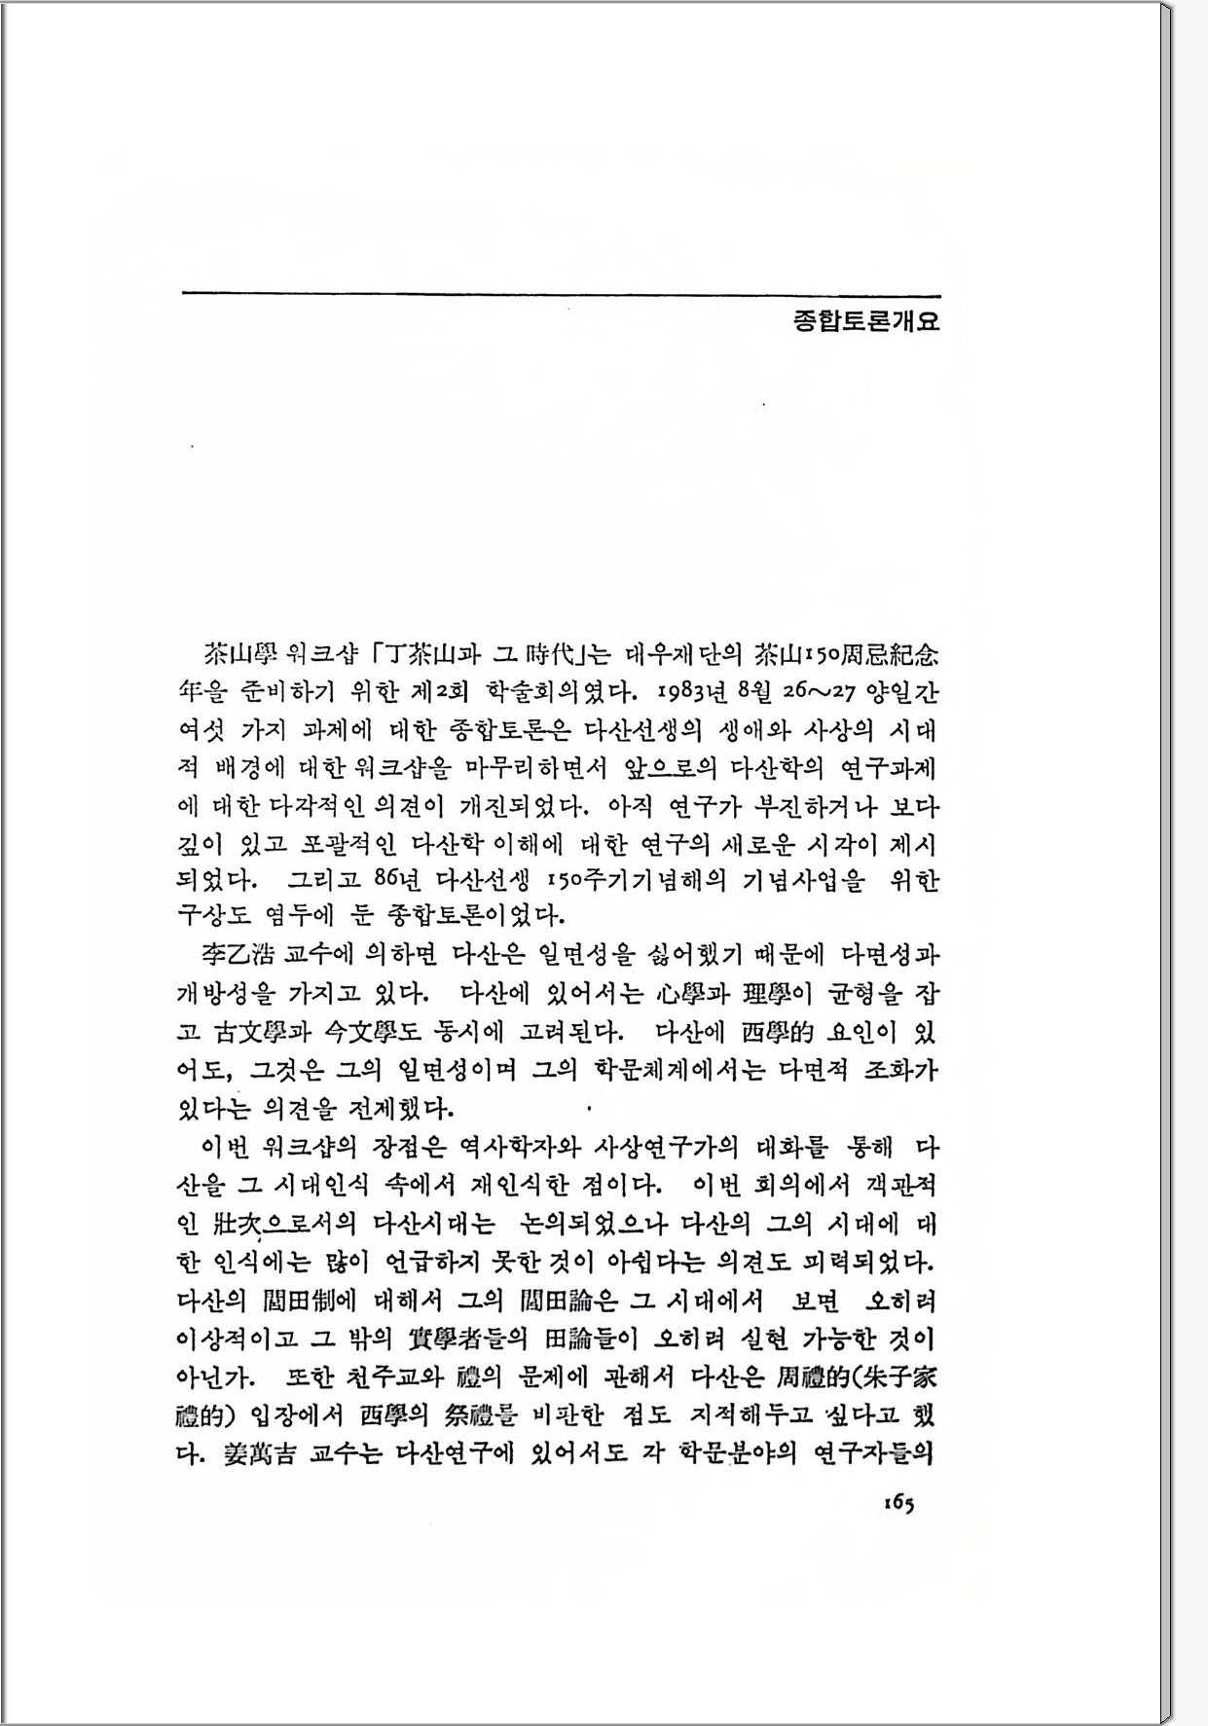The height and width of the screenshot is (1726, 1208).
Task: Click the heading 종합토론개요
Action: click(866, 322)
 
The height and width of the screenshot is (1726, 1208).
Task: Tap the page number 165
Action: click(898, 1503)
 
